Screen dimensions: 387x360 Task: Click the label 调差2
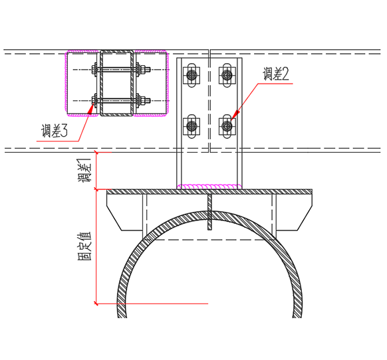[x=276, y=74]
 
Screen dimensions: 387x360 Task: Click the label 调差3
[x=55, y=130]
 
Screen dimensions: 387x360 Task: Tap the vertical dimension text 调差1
[x=84, y=171]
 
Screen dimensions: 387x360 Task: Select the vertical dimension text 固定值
[x=84, y=246]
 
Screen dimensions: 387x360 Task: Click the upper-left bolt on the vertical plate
[x=192, y=74]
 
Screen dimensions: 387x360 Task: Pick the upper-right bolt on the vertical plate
[x=227, y=74]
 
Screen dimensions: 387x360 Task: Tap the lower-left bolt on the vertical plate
[x=192, y=126]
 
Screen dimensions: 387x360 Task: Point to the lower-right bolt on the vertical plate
[x=227, y=126]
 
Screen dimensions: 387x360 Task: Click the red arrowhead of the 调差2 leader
[x=235, y=115]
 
